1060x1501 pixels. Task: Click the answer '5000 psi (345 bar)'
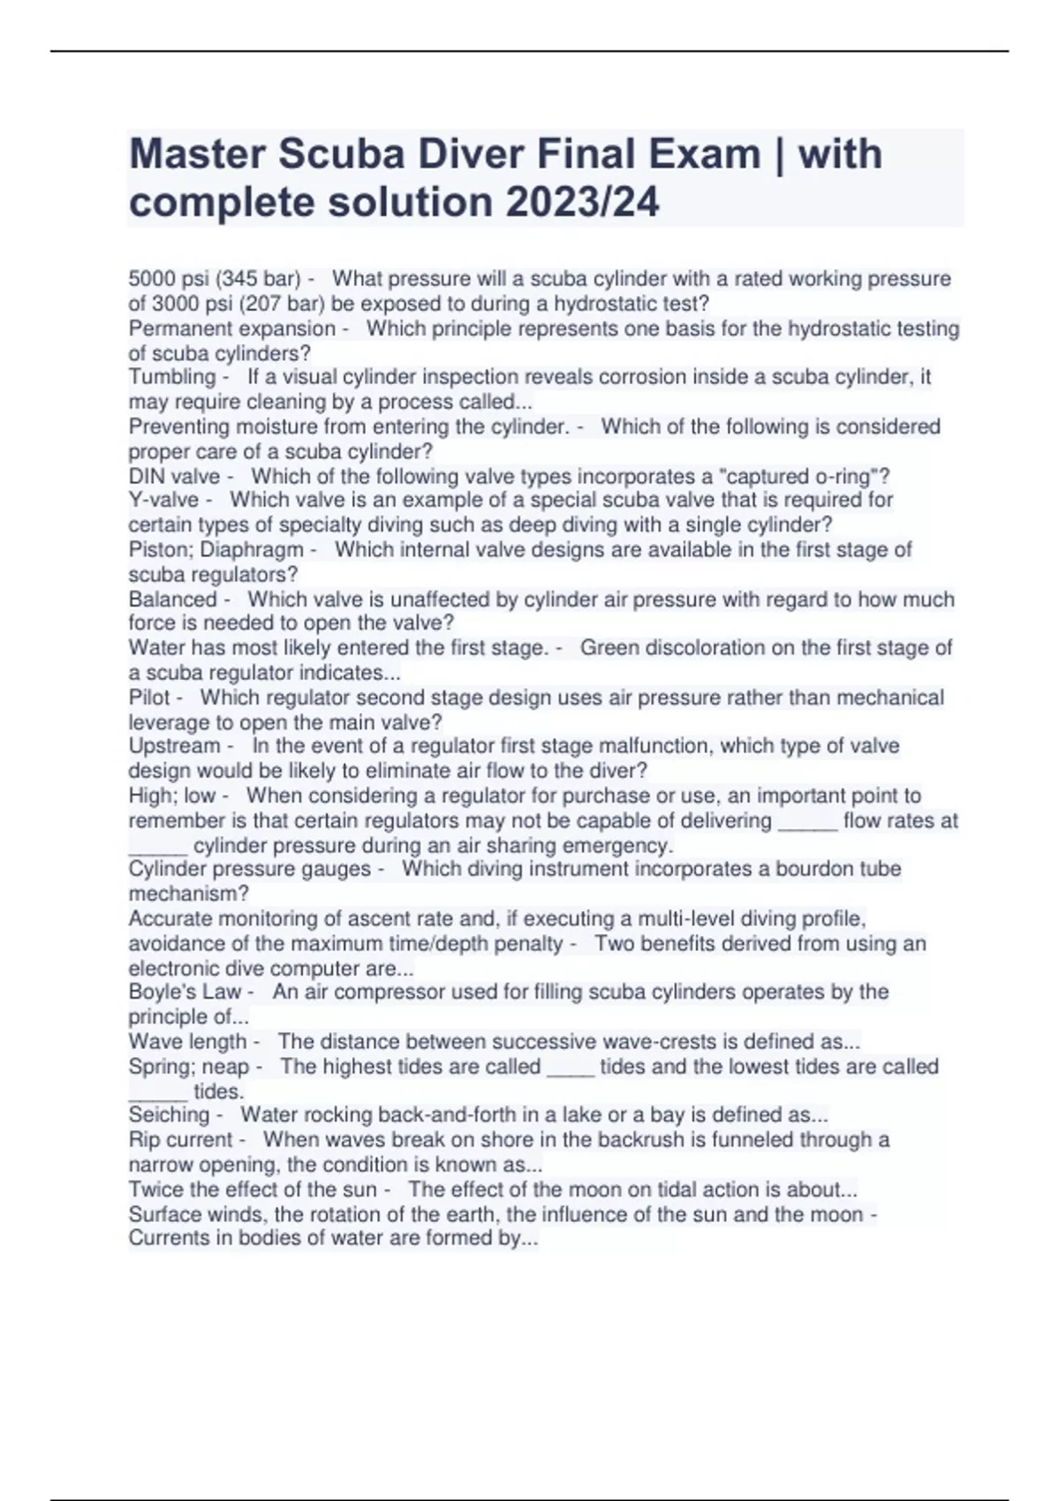(x=215, y=279)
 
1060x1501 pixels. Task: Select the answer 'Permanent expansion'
(x=231, y=328)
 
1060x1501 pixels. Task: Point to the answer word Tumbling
(x=172, y=377)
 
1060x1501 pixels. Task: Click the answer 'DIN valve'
(x=174, y=477)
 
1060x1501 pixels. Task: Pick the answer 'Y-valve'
(x=163, y=500)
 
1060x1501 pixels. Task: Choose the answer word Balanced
(x=172, y=600)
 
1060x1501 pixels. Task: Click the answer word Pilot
(x=148, y=698)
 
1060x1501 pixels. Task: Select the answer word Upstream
(x=174, y=746)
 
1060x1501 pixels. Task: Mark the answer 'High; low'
(x=172, y=796)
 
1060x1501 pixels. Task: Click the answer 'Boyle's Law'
(x=185, y=992)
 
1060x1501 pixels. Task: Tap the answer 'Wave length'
(x=187, y=1042)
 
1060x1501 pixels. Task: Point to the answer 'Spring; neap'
(x=189, y=1067)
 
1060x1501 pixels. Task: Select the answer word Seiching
(x=169, y=1115)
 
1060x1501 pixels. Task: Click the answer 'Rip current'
(x=180, y=1140)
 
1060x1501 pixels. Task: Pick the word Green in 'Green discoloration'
(x=609, y=648)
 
